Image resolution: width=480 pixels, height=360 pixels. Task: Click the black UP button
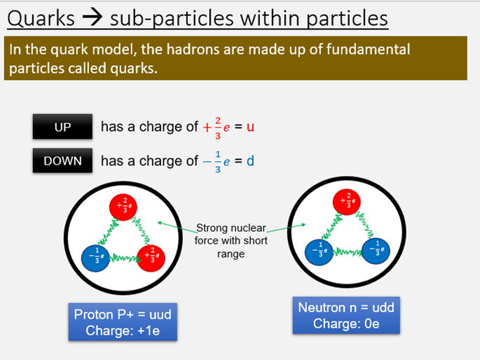point(62,127)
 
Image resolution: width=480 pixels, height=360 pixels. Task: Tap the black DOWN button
point(62,161)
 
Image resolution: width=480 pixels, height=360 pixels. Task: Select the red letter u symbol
point(252,127)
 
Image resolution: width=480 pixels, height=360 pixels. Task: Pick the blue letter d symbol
point(250,161)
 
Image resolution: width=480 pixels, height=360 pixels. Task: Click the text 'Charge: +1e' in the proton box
point(123,328)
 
